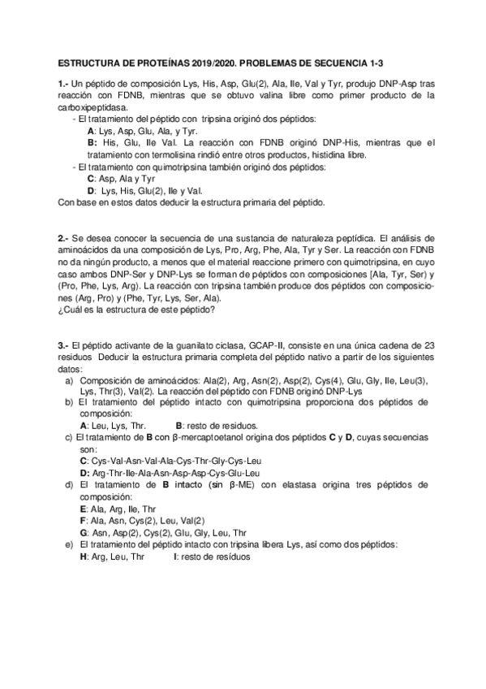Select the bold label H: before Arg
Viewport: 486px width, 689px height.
click(x=84, y=557)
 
